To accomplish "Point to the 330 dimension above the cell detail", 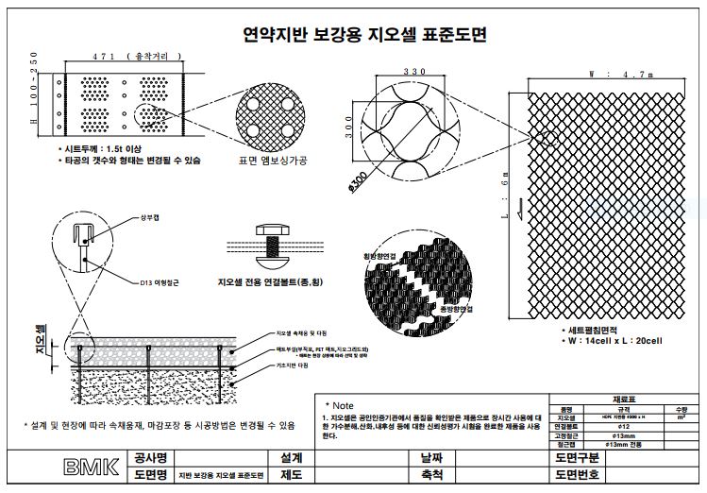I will [x=389, y=72].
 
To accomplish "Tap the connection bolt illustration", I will [x=273, y=243].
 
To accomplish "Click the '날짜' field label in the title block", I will [x=430, y=458].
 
